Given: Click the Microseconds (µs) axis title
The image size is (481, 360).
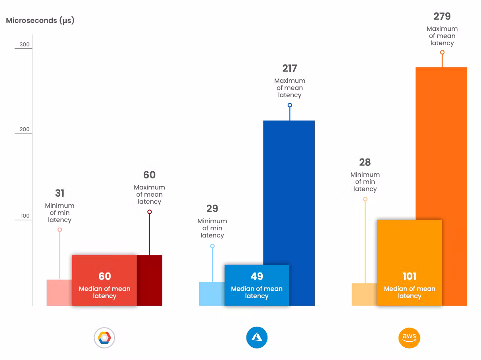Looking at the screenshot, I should pos(40,21).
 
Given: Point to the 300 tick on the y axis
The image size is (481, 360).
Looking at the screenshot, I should pos(25,44).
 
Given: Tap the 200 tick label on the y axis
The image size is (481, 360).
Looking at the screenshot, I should pos(25,130).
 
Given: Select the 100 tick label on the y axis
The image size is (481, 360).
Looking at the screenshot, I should pos(25,216).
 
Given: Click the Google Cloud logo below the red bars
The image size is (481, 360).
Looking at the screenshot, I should pos(104,338).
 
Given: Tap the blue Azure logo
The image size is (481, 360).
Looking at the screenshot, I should pos(257,338).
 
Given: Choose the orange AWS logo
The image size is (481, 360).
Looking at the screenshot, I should pos(409,338).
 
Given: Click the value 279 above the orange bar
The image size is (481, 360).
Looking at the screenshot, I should pos(442,16).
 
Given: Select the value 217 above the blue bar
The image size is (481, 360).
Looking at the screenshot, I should pos(290,69).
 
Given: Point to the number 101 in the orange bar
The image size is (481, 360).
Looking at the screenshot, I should pos(410,276).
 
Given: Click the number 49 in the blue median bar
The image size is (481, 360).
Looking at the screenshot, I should pos(257,276).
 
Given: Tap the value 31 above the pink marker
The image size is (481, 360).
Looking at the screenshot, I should pos(60,193).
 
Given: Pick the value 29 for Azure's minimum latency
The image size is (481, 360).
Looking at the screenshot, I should pos(212,209).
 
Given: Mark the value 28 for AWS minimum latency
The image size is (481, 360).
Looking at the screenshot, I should pos(365,162).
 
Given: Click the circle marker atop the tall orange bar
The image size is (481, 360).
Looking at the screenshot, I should pos(442,52).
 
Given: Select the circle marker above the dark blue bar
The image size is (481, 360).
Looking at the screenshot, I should pos(290,105).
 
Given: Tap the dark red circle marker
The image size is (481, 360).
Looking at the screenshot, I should pos(150,212).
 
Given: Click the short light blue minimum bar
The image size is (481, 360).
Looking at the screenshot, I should pos(212,294).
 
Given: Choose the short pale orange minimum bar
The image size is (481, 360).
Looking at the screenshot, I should pos(364,294).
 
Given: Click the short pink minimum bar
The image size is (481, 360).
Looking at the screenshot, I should pos(59,293).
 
